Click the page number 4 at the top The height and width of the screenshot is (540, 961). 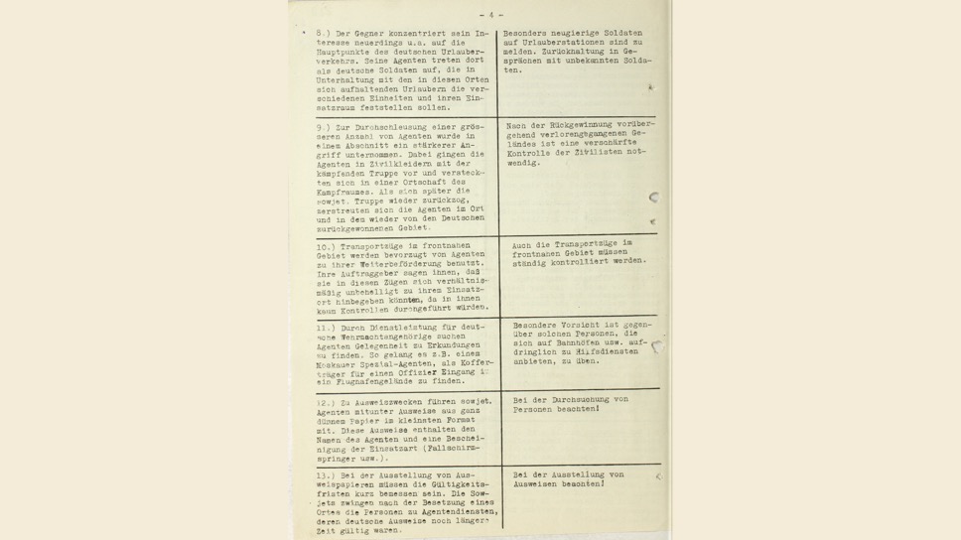(x=490, y=15)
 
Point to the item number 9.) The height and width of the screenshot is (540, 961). (x=325, y=128)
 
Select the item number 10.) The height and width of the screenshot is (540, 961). (x=327, y=247)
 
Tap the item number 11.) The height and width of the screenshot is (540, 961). (x=326, y=327)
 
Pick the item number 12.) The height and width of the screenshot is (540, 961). (x=326, y=403)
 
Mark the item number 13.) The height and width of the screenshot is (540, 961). (x=326, y=475)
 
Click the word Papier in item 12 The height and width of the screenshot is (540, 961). (x=378, y=421)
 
